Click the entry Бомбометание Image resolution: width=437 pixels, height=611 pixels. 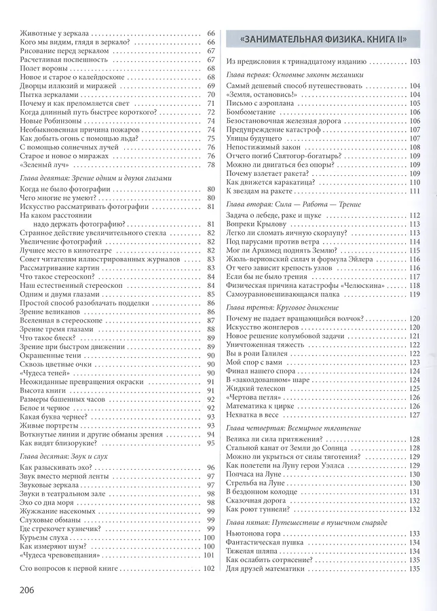(250, 112)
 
